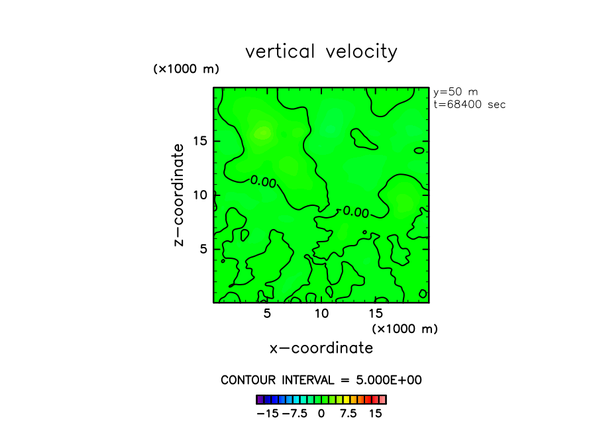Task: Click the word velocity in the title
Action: pos(362,52)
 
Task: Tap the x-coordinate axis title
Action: pos(321,348)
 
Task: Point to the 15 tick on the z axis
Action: pos(201,141)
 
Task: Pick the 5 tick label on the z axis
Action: pos(205,249)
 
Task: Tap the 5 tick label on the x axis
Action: pos(267,313)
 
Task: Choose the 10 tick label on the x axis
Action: pos(321,313)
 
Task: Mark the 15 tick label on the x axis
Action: pos(375,313)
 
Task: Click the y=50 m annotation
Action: pos(455,92)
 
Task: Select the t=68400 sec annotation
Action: pos(469,104)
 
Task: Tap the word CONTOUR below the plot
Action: pos(249,380)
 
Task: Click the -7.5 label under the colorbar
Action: pos(294,413)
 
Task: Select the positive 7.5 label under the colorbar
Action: pos(348,413)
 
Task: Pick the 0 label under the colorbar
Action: pos(321,413)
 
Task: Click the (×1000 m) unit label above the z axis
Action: pos(186,69)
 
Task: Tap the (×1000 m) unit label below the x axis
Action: pos(405,328)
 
